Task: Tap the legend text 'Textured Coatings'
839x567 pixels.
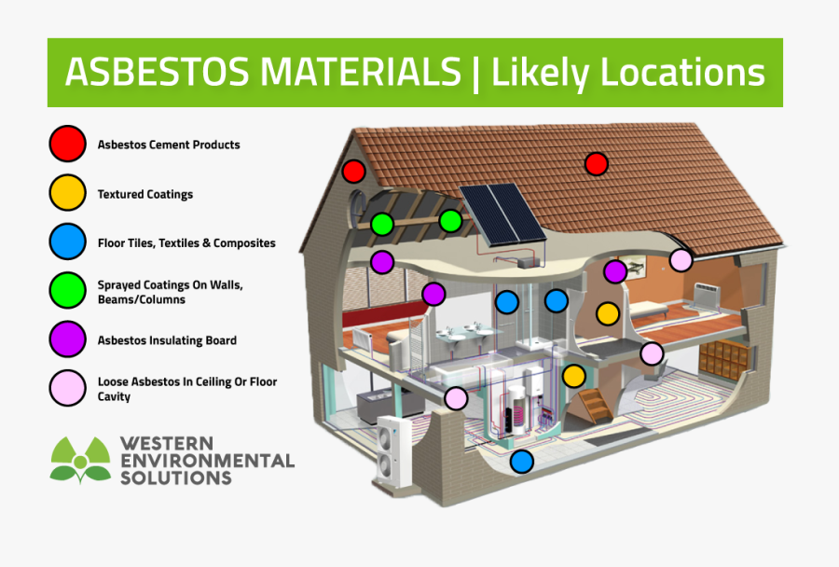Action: click(145, 194)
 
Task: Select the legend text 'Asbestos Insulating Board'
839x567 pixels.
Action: click(167, 340)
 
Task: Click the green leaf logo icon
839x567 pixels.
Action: click(80, 460)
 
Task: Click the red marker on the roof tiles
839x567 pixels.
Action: click(596, 165)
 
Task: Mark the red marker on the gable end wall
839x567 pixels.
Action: click(353, 172)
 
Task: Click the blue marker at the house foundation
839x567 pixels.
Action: click(521, 461)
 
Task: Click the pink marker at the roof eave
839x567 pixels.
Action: click(681, 260)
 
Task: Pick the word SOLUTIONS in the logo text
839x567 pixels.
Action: click(176, 477)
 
